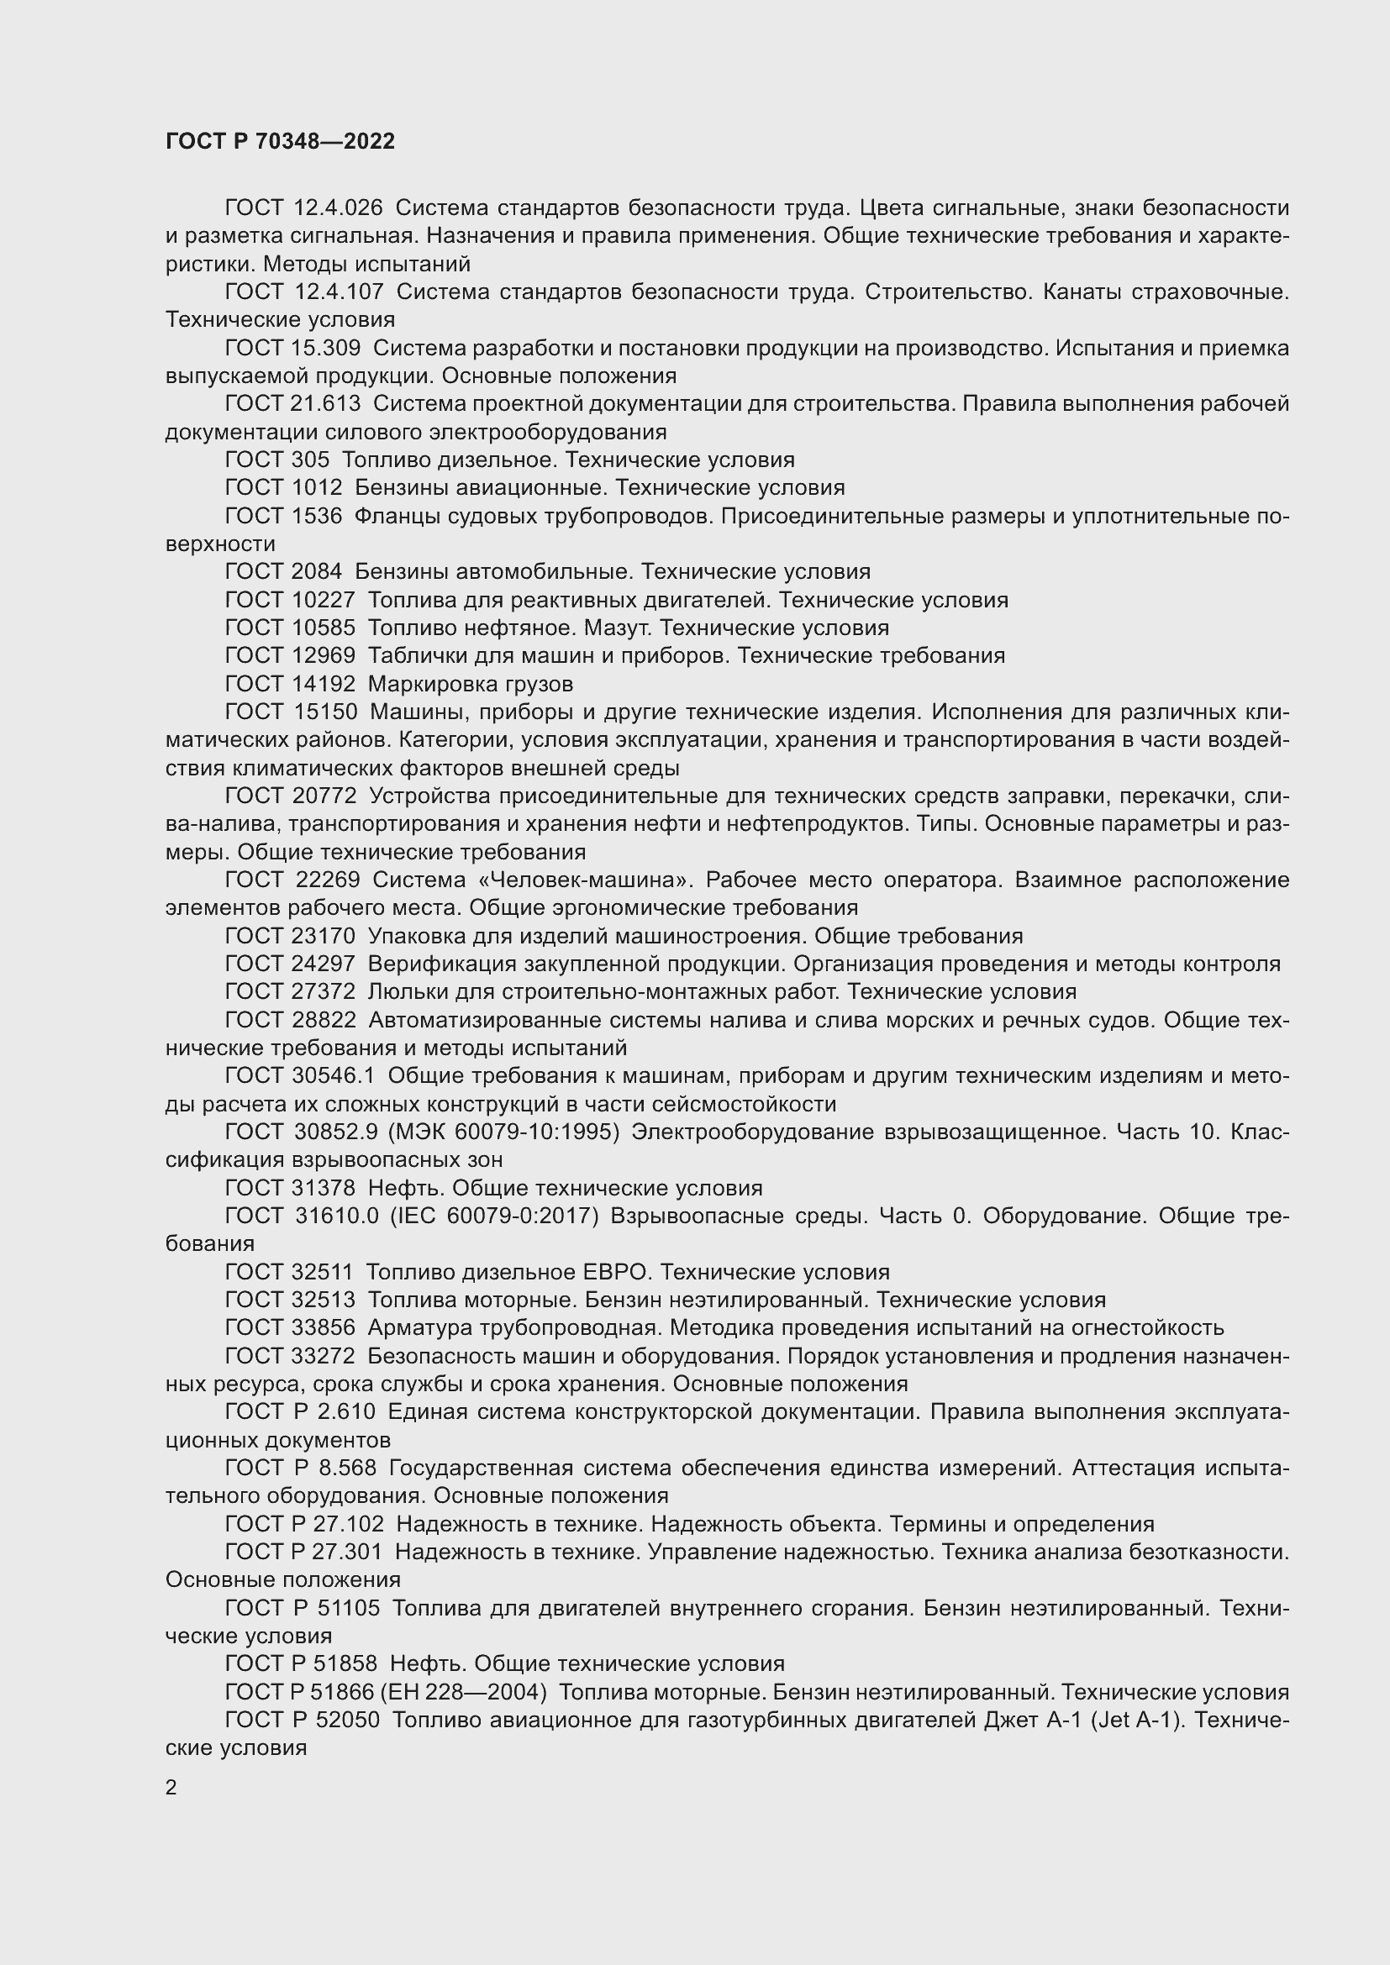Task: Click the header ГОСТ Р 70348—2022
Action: pyautogui.click(x=280, y=142)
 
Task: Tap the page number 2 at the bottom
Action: pyautogui.click(x=171, y=1788)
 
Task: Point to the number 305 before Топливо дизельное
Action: pyautogui.click(x=310, y=460)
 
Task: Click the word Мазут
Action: pyautogui.click(x=617, y=628)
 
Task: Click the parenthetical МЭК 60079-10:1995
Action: pyautogui.click(x=504, y=1132)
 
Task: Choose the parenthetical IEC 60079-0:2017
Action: pyautogui.click(x=495, y=1216)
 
